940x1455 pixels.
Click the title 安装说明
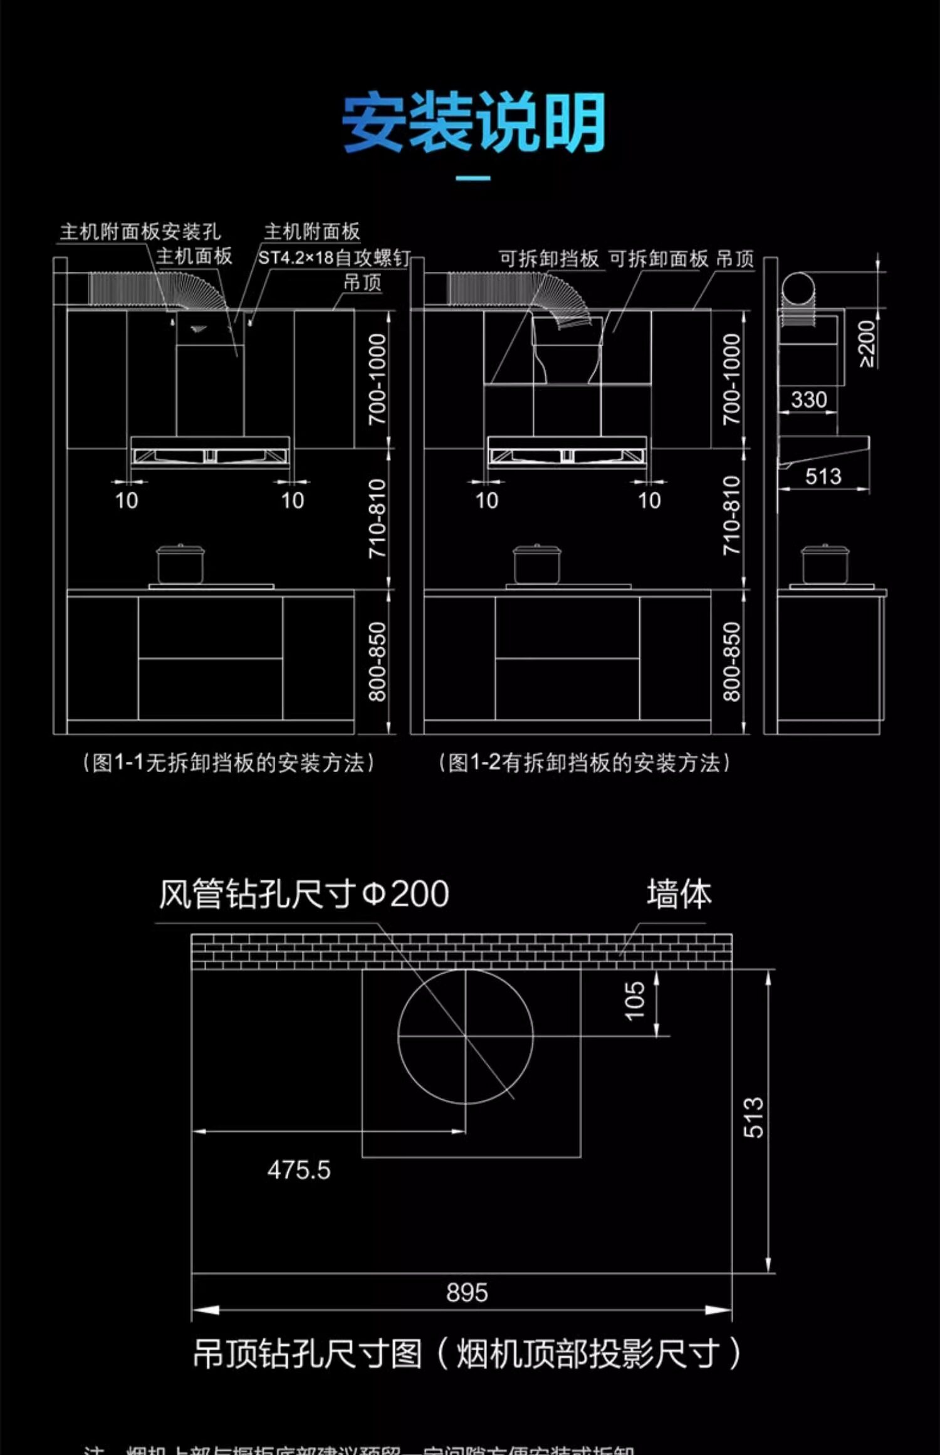click(x=473, y=123)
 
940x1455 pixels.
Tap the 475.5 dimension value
click(x=298, y=1170)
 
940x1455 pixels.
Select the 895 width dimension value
click(x=467, y=1292)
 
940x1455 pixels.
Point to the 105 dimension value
click(x=635, y=1001)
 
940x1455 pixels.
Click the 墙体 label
click(x=679, y=894)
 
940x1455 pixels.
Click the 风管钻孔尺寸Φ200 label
click(x=303, y=894)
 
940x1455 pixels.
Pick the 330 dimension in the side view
click(x=808, y=399)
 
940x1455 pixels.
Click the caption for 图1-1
click(x=228, y=763)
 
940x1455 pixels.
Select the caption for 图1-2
click(x=584, y=763)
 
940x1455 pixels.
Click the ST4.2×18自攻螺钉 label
click(x=334, y=258)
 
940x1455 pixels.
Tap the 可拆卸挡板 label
click(x=548, y=259)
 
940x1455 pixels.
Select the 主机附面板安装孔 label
click(x=140, y=232)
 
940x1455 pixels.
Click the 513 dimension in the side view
click(x=823, y=476)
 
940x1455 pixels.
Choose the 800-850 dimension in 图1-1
click(x=378, y=661)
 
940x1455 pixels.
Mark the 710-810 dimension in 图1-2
click(x=732, y=515)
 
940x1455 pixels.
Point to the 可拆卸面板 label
click(x=658, y=259)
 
